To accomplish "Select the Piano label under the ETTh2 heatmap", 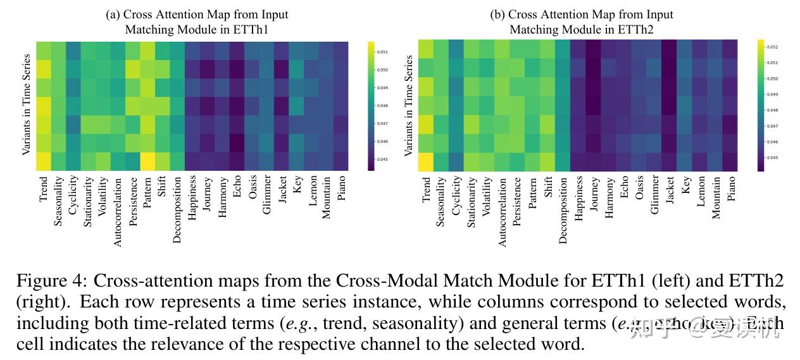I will [732, 189].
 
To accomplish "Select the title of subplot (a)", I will [197, 22].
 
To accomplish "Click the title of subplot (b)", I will [582, 22].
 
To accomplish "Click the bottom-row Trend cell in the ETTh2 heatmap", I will [427, 162].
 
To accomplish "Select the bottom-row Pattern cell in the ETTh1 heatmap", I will [147, 162].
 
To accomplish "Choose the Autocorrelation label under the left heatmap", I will [117, 211].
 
